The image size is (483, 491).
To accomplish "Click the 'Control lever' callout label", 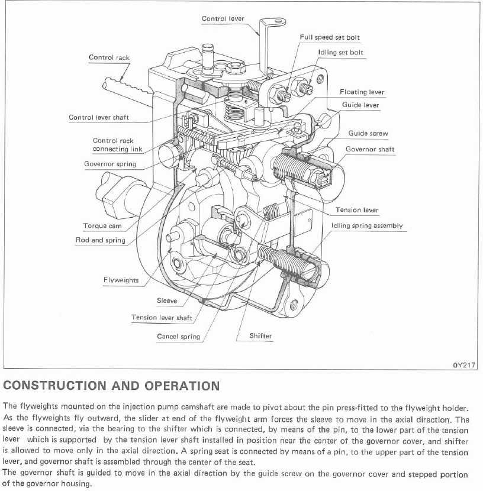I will coord(223,19).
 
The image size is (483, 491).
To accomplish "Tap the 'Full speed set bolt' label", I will coord(330,37).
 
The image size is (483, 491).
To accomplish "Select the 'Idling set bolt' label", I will coord(341,53).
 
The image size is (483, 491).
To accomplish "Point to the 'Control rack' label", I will coord(109,57).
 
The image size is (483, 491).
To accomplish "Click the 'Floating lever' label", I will coord(362,92).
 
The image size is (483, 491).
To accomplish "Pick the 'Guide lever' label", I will coord(360,105).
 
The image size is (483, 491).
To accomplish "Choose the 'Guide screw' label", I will coord(368,134).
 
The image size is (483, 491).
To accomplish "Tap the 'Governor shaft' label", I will coord(370,149).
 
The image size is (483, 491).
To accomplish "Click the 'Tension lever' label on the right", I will coord(357,210).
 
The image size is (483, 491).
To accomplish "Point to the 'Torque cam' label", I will coord(102,225).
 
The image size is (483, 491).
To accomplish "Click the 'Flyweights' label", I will coord(121,280).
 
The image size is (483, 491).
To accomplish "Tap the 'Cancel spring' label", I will coord(178,337).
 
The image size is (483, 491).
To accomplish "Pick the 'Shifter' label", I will coord(260,336).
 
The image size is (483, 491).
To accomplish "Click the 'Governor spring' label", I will coord(110,164).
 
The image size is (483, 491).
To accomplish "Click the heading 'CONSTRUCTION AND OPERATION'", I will coord(111,386).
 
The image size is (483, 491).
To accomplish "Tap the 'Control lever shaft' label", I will coord(99,117).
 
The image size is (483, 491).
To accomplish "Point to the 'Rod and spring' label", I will coord(100,240).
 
